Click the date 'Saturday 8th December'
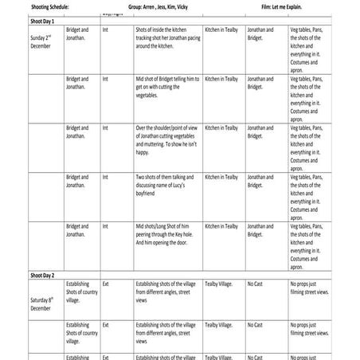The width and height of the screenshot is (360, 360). coord(33,302)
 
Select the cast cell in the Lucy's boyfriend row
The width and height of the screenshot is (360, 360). coord(260,181)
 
